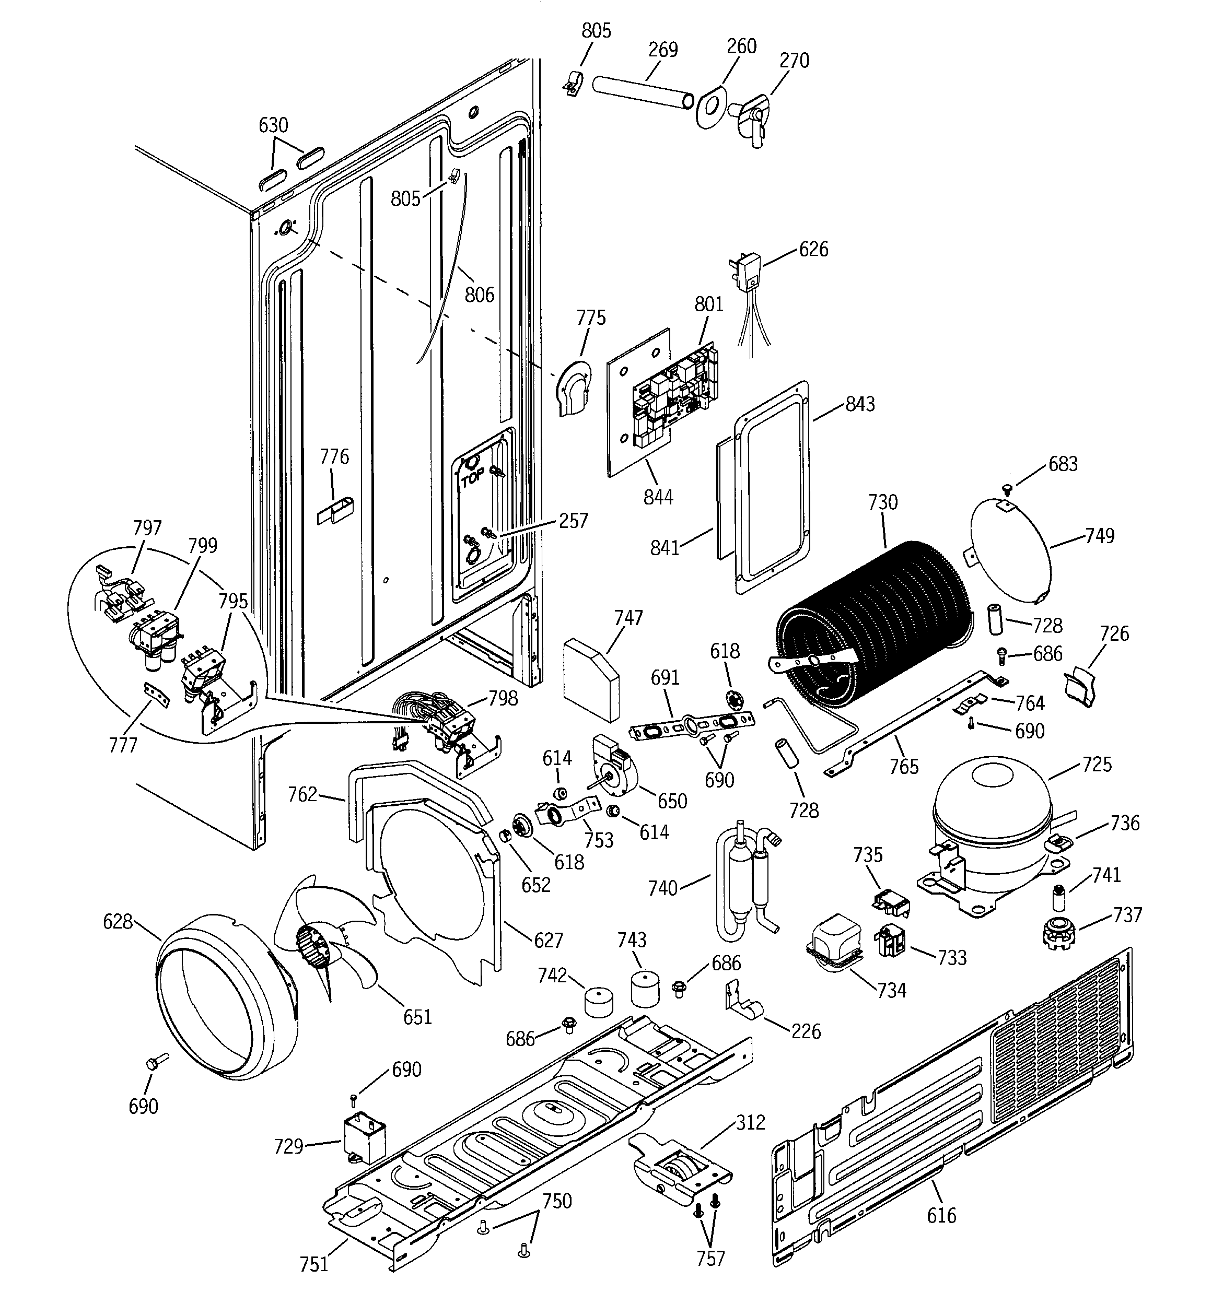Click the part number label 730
(x=882, y=502)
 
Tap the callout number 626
(x=813, y=249)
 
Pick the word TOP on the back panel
(x=473, y=479)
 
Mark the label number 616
(x=941, y=1215)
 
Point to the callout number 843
(x=859, y=404)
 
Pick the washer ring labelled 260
(x=710, y=105)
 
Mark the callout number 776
(x=334, y=457)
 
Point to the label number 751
(x=313, y=1264)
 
